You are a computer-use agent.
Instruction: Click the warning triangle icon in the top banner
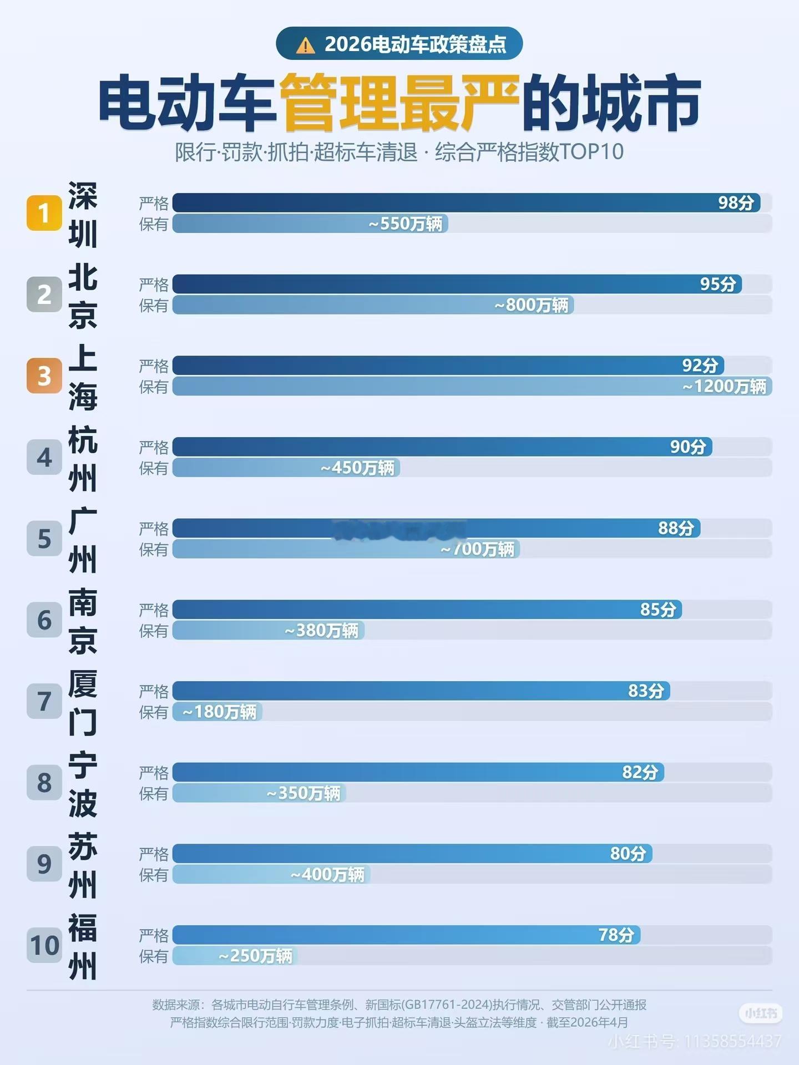click(x=305, y=45)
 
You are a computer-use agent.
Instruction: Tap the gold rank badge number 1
click(x=44, y=213)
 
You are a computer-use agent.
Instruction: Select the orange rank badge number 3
click(x=44, y=376)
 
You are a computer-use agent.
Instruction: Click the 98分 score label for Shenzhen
click(x=736, y=203)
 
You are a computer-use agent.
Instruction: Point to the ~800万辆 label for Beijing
click(x=531, y=305)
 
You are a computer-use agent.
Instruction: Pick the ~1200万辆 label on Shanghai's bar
click(x=724, y=387)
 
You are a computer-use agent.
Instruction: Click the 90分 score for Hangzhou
click(x=687, y=447)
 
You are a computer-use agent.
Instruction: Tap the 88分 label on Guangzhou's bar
click(x=676, y=528)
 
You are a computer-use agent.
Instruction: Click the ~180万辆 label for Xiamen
click(x=219, y=712)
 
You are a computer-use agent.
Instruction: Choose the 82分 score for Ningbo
click(x=640, y=772)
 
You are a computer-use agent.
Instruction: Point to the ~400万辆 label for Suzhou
click(x=327, y=875)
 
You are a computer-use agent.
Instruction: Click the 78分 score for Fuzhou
click(x=616, y=935)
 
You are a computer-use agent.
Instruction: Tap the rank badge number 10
click(x=44, y=946)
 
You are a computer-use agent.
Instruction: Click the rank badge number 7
click(x=44, y=702)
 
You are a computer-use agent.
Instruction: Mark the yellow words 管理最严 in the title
click(x=398, y=104)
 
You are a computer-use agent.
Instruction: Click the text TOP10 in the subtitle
click(x=591, y=152)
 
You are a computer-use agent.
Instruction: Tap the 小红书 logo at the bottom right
click(x=760, y=1013)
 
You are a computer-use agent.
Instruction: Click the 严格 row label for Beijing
click(x=154, y=285)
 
